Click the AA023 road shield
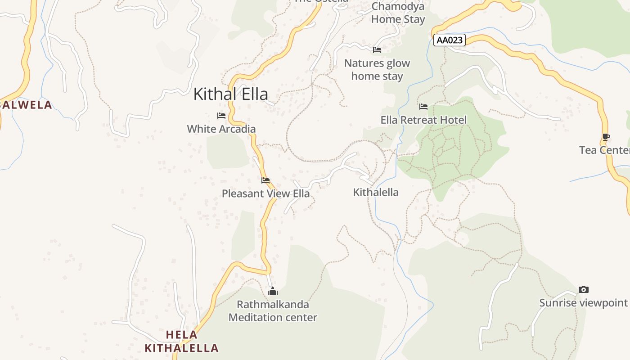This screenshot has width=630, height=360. (450, 40)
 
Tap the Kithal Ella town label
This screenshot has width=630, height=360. (230, 94)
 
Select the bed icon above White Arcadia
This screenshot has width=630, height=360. (221, 116)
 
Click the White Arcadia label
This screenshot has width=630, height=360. (221, 129)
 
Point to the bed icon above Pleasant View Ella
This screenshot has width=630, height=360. (265, 180)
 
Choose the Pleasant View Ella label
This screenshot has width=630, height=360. (265, 193)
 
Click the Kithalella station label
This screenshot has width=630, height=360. (376, 192)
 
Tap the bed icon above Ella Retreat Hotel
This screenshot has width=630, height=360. (423, 107)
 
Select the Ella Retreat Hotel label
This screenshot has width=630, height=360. (423, 120)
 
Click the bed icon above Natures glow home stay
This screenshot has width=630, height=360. (377, 49)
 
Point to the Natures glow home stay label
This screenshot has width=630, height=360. (377, 69)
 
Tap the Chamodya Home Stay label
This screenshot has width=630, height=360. (398, 13)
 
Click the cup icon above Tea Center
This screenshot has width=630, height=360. (606, 137)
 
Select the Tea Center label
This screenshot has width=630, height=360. (604, 150)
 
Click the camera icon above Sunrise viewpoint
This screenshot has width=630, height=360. (584, 289)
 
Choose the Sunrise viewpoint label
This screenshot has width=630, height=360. (583, 302)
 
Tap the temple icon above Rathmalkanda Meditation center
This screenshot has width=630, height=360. (273, 291)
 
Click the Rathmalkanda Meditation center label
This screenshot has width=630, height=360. (273, 310)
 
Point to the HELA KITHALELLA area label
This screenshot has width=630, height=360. (182, 341)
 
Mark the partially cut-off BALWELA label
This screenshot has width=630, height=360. (26, 105)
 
